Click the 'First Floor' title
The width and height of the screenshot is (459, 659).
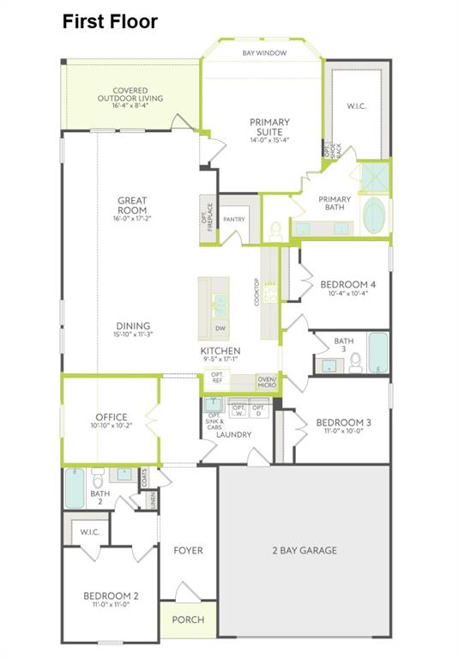(x=109, y=21)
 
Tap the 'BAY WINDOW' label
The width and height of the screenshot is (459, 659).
(x=263, y=52)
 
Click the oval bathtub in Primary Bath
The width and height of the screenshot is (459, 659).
(x=375, y=216)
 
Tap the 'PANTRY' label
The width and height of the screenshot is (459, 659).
(x=234, y=220)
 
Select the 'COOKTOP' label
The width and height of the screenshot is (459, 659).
(x=257, y=293)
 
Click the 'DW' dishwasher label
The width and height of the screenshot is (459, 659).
(x=220, y=328)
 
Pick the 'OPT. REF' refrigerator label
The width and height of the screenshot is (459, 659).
(x=217, y=378)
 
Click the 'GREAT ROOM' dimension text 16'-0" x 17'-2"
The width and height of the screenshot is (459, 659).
(x=132, y=219)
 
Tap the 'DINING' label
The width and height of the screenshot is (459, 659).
(x=133, y=326)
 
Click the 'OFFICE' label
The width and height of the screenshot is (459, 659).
(x=112, y=416)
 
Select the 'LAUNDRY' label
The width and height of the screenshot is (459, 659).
(x=233, y=435)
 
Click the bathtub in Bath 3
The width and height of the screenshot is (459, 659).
(x=377, y=353)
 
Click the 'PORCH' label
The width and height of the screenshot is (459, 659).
(x=188, y=620)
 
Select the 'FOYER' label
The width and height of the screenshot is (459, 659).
(x=188, y=550)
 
